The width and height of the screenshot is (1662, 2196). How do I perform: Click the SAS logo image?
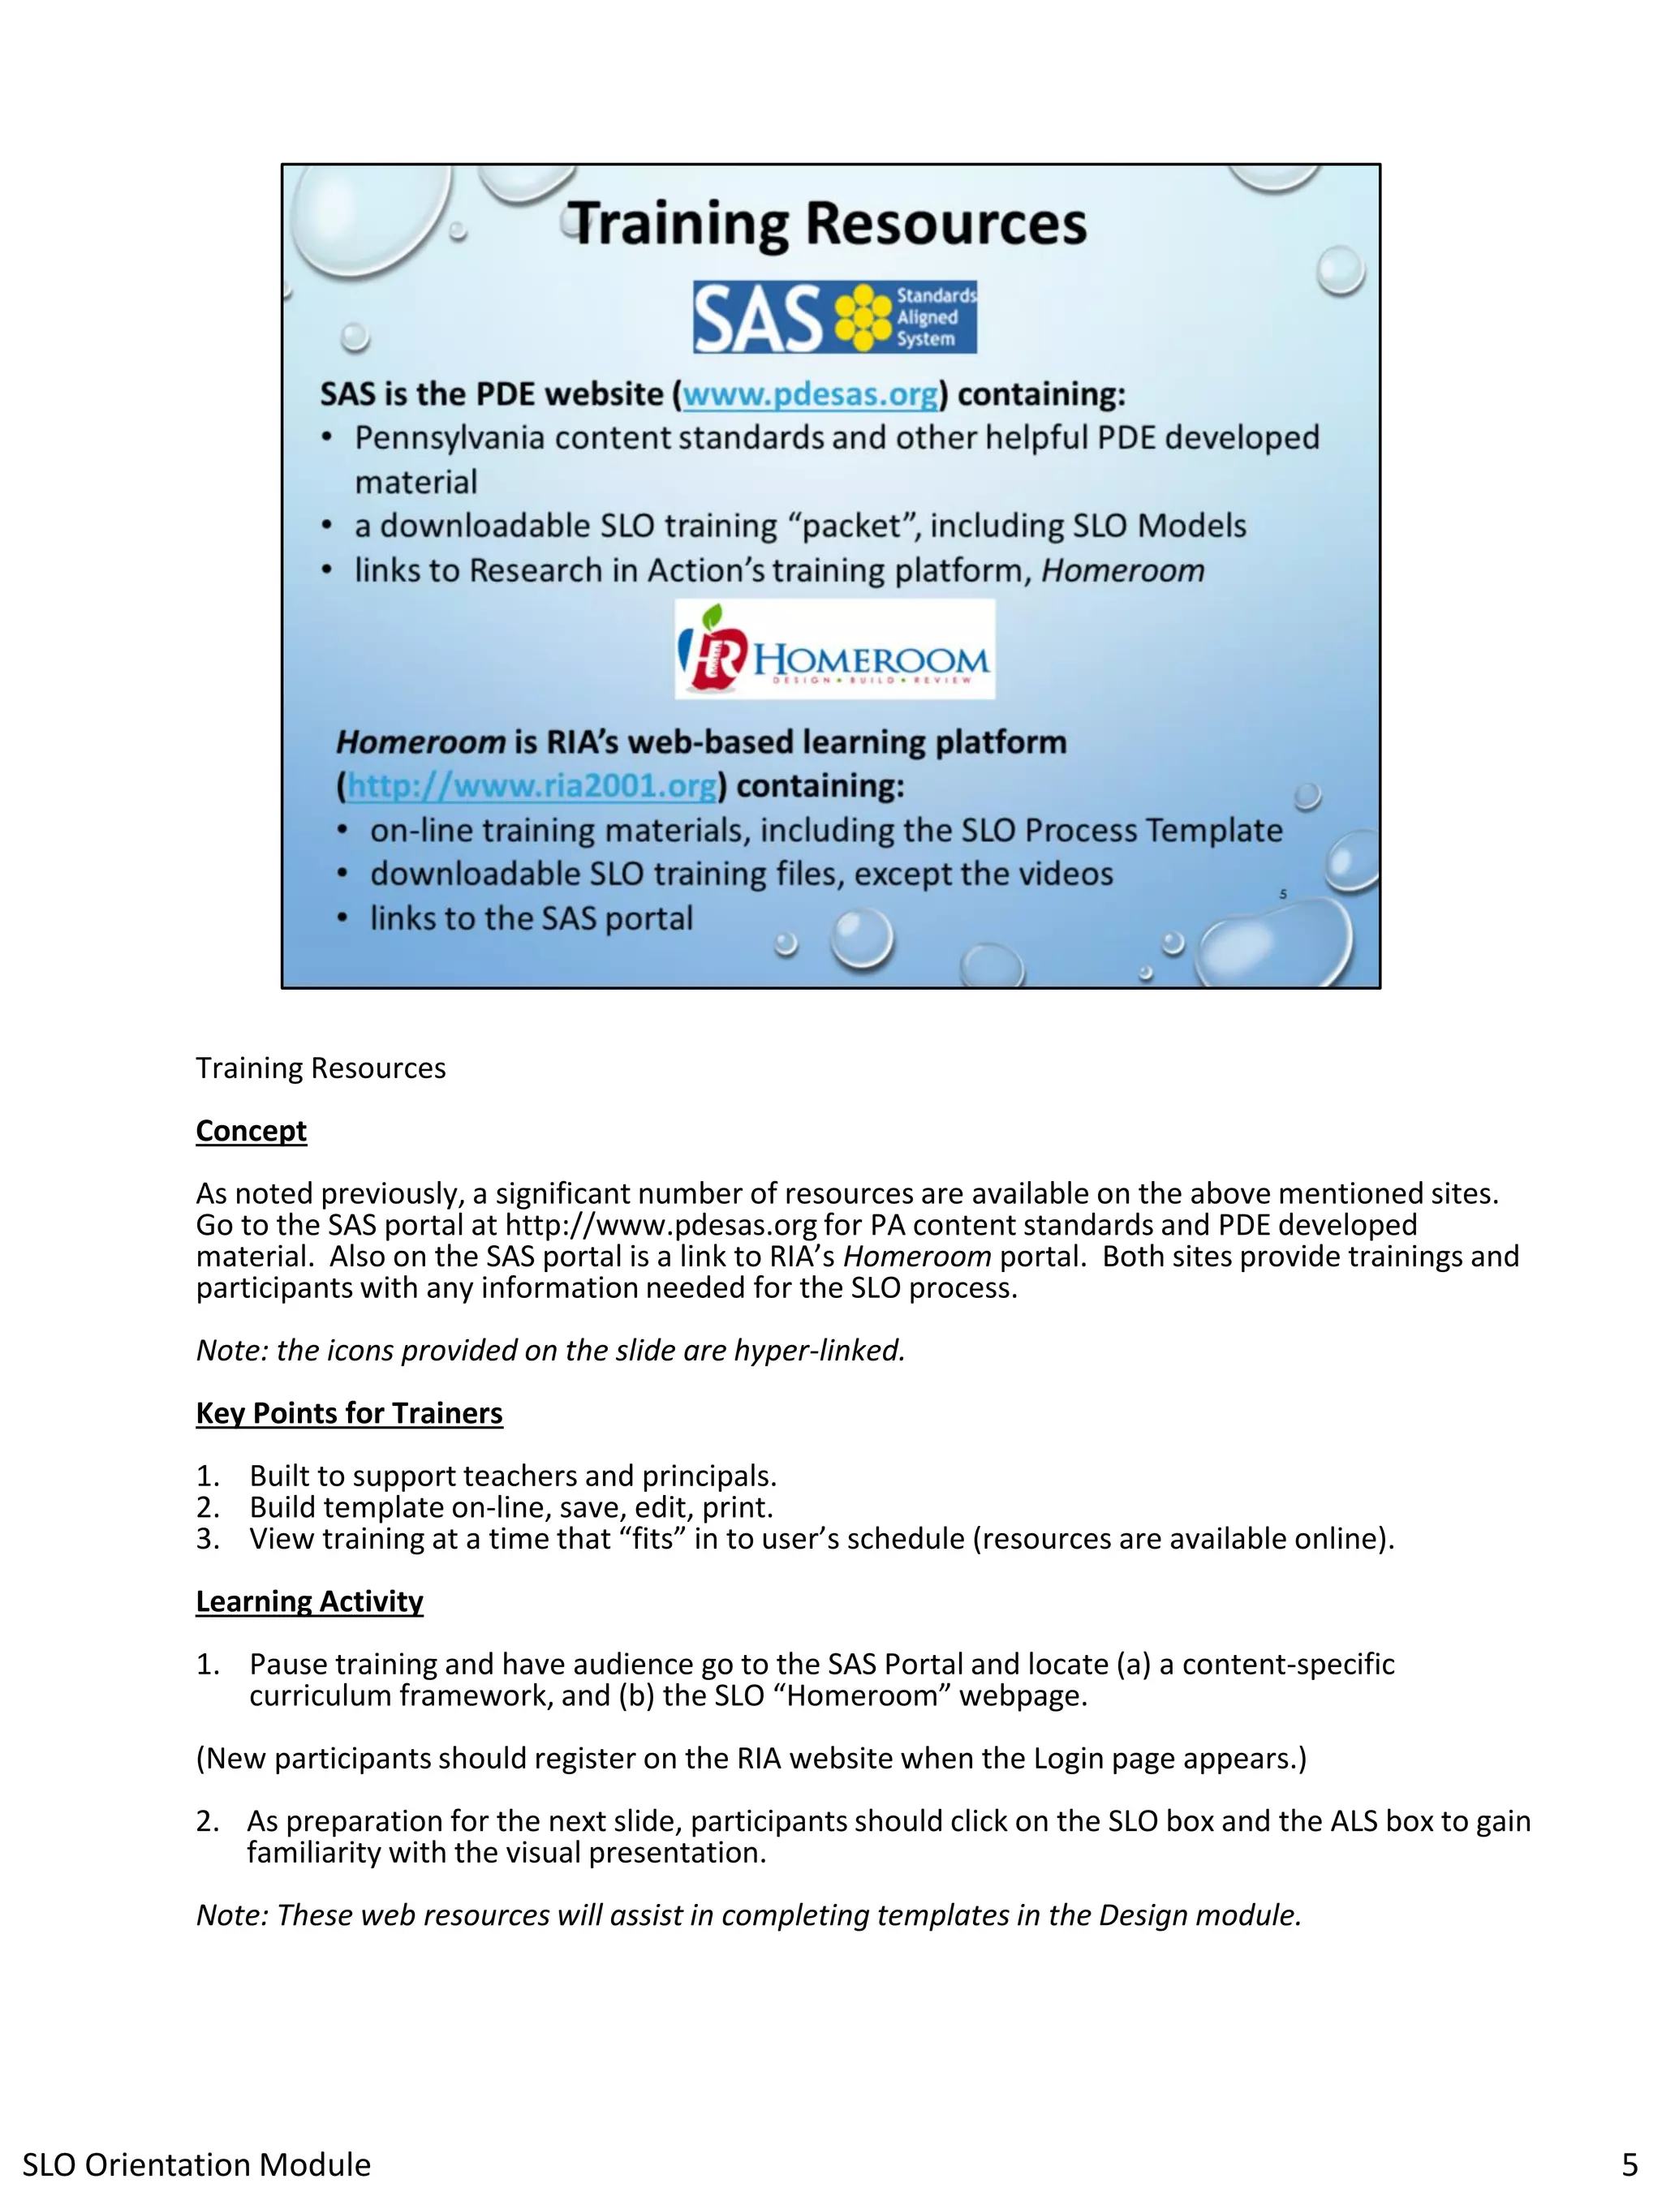(x=834, y=316)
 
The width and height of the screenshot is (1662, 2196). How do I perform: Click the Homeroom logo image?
(x=834, y=649)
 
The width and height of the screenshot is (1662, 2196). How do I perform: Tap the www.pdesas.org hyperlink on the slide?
(x=809, y=394)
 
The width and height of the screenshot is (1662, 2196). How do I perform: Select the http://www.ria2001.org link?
(x=532, y=785)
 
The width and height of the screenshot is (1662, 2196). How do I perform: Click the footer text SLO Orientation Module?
(x=196, y=2164)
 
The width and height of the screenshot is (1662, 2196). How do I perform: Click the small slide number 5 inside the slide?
(x=1283, y=895)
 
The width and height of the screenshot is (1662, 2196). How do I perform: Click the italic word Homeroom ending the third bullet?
(x=1122, y=571)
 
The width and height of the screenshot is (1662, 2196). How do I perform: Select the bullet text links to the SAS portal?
(x=532, y=918)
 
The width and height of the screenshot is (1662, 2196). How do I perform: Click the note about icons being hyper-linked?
(x=550, y=1350)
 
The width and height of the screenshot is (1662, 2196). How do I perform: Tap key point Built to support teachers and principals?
(x=512, y=1476)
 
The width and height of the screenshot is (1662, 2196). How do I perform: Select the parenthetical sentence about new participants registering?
(x=751, y=1758)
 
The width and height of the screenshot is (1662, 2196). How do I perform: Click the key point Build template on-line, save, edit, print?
(x=510, y=1507)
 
